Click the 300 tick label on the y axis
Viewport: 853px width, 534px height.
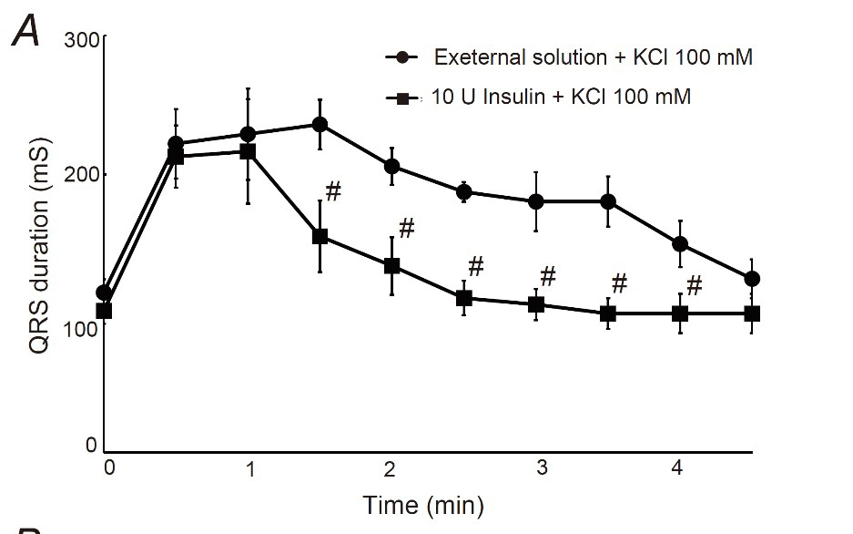point(80,40)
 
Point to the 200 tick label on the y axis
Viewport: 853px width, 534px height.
point(80,174)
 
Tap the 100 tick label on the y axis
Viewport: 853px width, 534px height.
point(80,326)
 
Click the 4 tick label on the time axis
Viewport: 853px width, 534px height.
point(676,468)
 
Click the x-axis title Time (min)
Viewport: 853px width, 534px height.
point(423,504)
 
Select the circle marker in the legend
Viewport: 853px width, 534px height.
point(402,56)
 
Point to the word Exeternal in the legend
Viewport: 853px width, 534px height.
point(479,56)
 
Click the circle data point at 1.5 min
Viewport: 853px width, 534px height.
point(320,124)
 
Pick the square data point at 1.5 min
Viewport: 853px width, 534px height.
point(320,236)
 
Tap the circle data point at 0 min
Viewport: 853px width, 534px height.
point(105,293)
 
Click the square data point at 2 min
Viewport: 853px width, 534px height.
point(391,266)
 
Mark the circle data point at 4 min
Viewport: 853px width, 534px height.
point(679,244)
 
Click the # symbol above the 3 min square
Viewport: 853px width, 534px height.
point(548,275)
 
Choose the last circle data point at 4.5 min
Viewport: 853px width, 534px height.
point(752,279)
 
